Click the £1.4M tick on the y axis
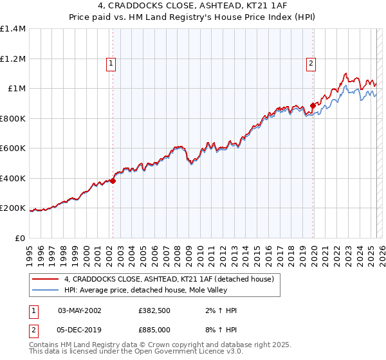click(x=13, y=29)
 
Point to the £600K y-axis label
click(x=13, y=148)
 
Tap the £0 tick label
click(x=19, y=238)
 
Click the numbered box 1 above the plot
click(x=111, y=63)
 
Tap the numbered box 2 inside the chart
click(x=311, y=63)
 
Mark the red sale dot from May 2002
click(x=113, y=181)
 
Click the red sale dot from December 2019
click(x=313, y=105)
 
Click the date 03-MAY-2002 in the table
click(x=79, y=310)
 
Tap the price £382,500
click(x=154, y=310)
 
